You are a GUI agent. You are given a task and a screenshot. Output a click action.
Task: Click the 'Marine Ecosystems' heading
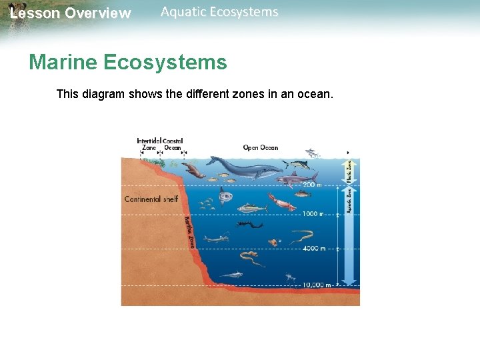(x=128, y=63)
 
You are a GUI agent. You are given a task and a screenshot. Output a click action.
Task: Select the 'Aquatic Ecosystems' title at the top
(x=219, y=12)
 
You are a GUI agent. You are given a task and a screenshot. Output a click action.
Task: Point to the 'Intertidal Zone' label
(x=149, y=144)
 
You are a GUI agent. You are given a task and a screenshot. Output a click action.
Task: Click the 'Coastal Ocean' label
(x=173, y=144)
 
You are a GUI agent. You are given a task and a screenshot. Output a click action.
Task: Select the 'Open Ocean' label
(x=261, y=147)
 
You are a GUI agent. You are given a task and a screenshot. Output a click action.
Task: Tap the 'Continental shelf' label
(x=151, y=199)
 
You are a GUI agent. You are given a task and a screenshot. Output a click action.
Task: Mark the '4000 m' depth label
(x=313, y=249)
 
